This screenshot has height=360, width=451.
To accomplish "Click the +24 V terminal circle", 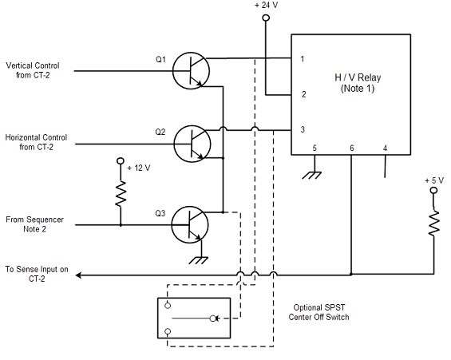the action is pyautogui.click(x=266, y=18).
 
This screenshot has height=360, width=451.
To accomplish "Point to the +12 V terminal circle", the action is pyautogui.click(x=121, y=160).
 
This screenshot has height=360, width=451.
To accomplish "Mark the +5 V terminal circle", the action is pyautogui.click(x=433, y=190).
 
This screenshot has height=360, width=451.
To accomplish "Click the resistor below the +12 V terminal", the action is pyautogui.click(x=121, y=193).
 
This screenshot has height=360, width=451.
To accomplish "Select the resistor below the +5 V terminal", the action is pyautogui.click(x=434, y=223).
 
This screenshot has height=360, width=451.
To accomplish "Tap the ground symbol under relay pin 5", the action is pyautogui.click(x=312, y=175).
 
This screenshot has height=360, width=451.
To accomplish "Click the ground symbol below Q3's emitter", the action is pyautogui.click(x=199, y=260).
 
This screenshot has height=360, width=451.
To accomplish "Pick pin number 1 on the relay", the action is pyautogui.click(x=303, y=59).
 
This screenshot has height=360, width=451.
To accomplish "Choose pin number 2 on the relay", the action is pyautogui.click(x=304, y=94).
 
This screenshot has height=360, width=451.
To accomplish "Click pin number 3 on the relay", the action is pyautogui.click(x=303, y=129).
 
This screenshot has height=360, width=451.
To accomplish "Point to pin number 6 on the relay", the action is pyautogui.click(x=352, y=148).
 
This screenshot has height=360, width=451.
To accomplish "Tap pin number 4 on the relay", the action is pyautogui.click(x=385, y=148).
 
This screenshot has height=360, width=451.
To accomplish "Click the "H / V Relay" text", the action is pyautogui.click(x=358, y=77).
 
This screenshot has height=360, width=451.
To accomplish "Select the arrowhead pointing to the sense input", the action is pyautogui.click(x=78, y=275).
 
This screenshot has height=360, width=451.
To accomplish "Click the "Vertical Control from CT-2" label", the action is pyautogui.click(x=33, y=70).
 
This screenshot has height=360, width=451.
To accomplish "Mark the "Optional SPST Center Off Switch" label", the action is pyautogui.click(x=318, y=312).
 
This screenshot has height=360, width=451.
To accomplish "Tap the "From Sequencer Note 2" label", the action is pyautogui.click(x=34, y=224).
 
